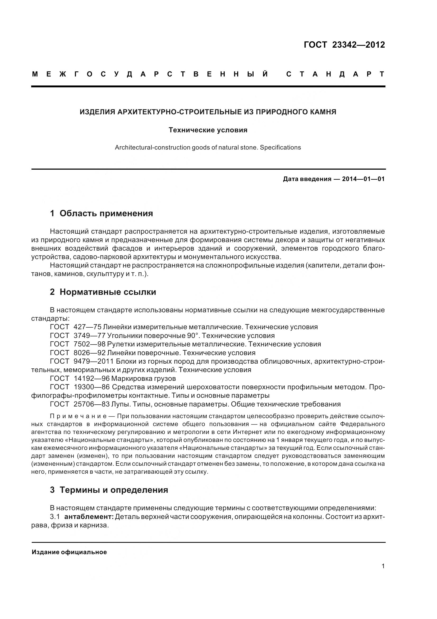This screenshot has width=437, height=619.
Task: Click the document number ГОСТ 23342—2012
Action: point(344,45)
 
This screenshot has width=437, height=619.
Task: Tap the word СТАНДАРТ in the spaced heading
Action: point(335,74)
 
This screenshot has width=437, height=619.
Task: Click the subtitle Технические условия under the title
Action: point(208,130)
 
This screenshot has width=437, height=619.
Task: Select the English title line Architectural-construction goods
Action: point(208,148)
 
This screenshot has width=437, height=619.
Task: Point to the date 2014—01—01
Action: point(363,179)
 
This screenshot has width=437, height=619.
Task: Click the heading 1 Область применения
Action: point(101,214)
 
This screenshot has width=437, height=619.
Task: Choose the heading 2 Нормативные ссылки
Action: point(103,292)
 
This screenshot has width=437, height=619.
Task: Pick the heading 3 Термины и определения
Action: point(109,490)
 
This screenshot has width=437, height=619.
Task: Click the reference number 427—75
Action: point(87,327)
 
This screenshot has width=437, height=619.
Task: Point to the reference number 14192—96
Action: point(91,378)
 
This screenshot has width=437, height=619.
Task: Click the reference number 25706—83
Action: point(91,404)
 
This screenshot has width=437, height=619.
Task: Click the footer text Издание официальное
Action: point(69,552)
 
